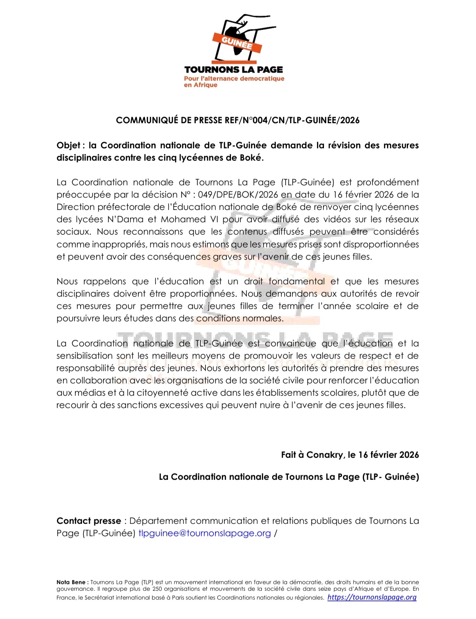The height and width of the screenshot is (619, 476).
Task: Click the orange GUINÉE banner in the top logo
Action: pos(237,43)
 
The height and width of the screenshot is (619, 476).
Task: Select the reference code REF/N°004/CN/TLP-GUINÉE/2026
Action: pos(292,120)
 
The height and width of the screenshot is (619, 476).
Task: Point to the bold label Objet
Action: pos(68,145)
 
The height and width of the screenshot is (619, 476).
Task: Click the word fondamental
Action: pos(297,281)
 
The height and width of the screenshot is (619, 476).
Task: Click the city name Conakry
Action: pos(325,455)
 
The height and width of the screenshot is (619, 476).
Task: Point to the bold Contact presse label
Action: pos(89,521)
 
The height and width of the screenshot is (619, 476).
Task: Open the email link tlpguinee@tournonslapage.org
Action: pos(205,533)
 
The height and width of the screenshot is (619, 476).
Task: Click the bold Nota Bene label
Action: pos(72,582)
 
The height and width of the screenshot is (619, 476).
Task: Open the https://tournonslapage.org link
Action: pos(372,597)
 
